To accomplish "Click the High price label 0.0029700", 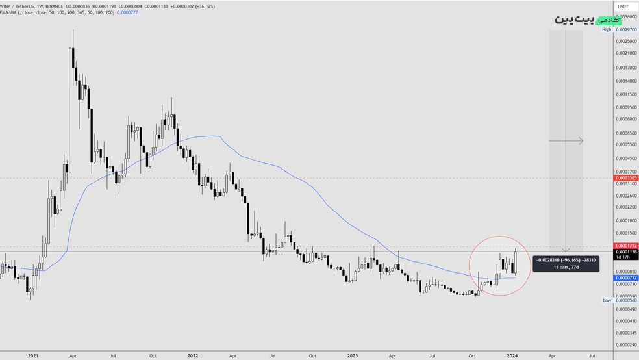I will click(x=626, y=29).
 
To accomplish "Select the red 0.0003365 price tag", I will click(x=626, y=177).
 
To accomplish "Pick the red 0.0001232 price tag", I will click(x=626, y=246).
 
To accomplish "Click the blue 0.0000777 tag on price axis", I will click(x=626, y=277).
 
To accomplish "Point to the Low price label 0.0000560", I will click(x=626, y=300).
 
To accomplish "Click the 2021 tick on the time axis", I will click(x=33, y=355).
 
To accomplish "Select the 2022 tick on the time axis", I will click(x=193, y=355).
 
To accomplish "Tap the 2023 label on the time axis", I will click(x=353, y=355).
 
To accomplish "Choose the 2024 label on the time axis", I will click(x=512, y=355).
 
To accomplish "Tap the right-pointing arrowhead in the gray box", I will click(x=580, y=141).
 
